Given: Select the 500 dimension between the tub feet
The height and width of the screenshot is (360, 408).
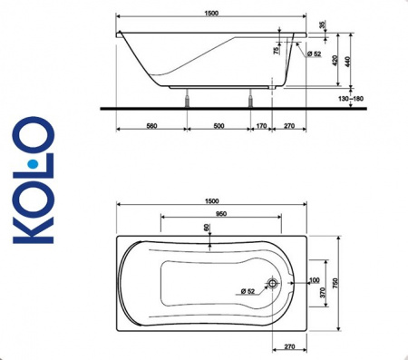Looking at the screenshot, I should [219, 125].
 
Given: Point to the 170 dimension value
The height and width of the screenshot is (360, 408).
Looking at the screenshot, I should [261, 125].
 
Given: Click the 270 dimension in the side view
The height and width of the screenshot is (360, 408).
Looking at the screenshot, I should [290, 125].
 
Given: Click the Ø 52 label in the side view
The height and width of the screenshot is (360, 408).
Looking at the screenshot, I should [315, 54].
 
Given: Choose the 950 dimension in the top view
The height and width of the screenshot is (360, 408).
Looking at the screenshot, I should [214, 213].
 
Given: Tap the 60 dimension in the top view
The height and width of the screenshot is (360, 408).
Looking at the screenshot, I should [206, 228].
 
